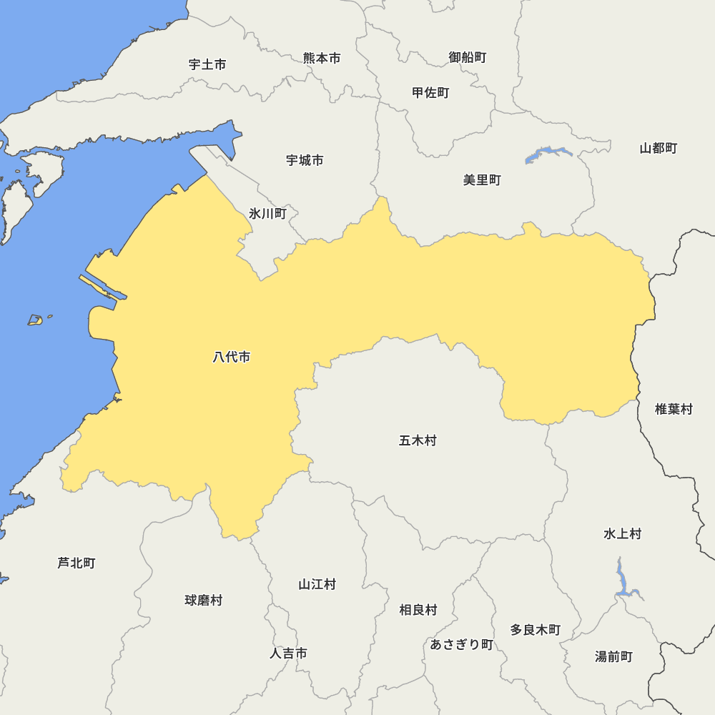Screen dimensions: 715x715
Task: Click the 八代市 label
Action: click(232, 357)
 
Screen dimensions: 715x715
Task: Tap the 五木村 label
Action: click(418, 440)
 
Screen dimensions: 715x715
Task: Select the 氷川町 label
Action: click(267, 213)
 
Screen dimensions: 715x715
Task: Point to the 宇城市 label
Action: click(305, 160)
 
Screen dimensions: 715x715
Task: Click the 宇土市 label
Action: click(207, 64)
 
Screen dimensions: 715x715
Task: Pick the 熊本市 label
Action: click(322, 58)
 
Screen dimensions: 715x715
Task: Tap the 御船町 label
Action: click(468, 57)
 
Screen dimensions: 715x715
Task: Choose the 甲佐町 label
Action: click(430, 92)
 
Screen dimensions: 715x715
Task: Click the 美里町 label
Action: click(482, 179)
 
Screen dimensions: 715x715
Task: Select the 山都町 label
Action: click(658, 148)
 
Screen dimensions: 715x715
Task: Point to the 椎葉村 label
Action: click(674, 409)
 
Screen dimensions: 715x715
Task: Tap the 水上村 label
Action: click(622, 533)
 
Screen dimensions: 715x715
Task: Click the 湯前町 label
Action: click(613, 656)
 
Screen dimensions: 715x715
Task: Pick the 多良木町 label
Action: click(535, 630)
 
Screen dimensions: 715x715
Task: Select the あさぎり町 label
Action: click(461, 644)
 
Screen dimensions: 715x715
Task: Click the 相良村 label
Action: click(418, 610)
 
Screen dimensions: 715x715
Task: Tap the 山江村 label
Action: click(317, 584)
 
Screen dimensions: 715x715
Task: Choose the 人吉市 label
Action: click(288, 653)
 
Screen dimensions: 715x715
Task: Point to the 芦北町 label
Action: click(76, 563)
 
